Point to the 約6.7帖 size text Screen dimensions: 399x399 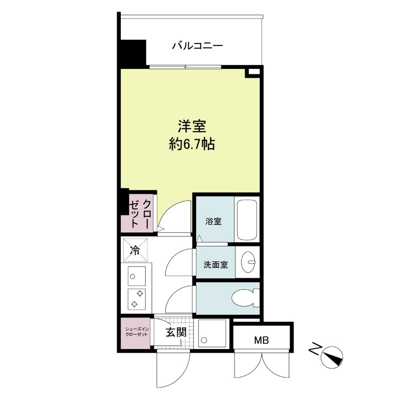[192, 145]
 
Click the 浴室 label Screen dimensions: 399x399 [213, 221]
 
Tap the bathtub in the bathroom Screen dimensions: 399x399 [247, 219]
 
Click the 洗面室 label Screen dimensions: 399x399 [215, 264]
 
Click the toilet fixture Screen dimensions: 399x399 [246, 299]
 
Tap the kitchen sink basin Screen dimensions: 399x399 [136, 274]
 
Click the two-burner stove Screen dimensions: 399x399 [136, 299]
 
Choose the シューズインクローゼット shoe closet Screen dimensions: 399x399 [135, 334]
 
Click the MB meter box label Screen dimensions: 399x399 [261, 341]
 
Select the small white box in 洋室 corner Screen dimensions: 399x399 [253, 72]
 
